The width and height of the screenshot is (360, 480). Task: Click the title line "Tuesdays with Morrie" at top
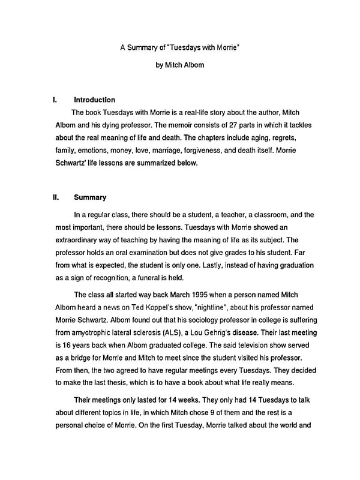coord(179,46)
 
